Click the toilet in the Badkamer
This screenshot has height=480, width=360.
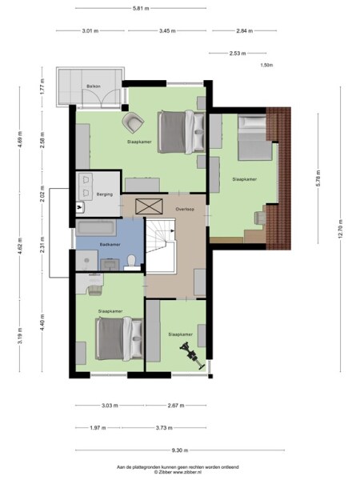pyautogui.click(x=131, y=259)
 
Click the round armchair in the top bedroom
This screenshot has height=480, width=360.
pyautogui.click(x=132, y=122)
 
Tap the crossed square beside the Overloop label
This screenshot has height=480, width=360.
pyautogui.click(x=148, y=206)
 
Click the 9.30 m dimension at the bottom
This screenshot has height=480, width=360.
pyautogui.click(x=174, y=450)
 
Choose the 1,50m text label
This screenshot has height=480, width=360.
pyautogui.click(x=266, y=66)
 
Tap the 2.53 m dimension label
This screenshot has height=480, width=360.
pyautogui.click(x=237, y=54)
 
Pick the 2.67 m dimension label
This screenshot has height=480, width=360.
pyautogui.click(x=178, y=406)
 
